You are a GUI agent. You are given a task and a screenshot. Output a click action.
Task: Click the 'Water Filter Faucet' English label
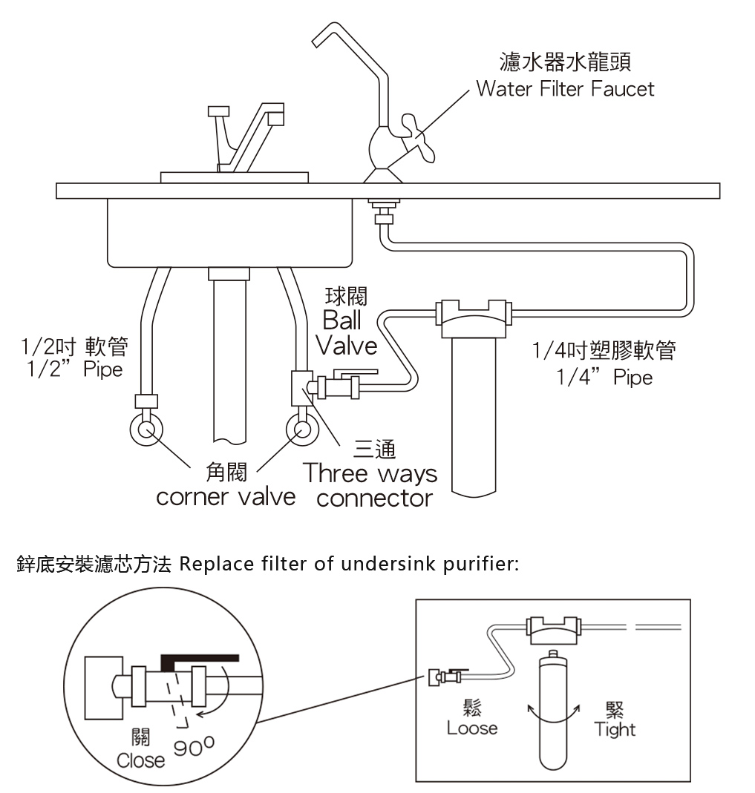(565, 89)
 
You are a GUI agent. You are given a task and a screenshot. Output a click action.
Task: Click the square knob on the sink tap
(218, 111)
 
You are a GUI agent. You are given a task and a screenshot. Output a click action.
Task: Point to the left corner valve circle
(146, 430)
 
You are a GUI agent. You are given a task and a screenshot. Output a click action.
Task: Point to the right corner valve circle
(302, 430)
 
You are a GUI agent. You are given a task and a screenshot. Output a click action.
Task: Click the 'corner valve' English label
(226, 497)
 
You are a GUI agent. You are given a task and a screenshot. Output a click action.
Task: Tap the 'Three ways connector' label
(371, 485)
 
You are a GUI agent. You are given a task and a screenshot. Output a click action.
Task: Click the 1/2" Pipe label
(74, 369)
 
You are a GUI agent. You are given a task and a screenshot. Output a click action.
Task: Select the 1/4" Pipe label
(605, 378)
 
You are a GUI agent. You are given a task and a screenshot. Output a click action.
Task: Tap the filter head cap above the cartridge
(474, 318)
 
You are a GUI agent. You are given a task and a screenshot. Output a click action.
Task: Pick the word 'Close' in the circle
(140, 760)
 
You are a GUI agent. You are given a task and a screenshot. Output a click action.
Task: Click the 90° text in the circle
(194, 746)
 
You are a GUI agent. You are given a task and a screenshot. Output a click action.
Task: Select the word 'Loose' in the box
(472, 728)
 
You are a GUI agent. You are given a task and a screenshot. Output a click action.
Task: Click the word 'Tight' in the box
(615, 729)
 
